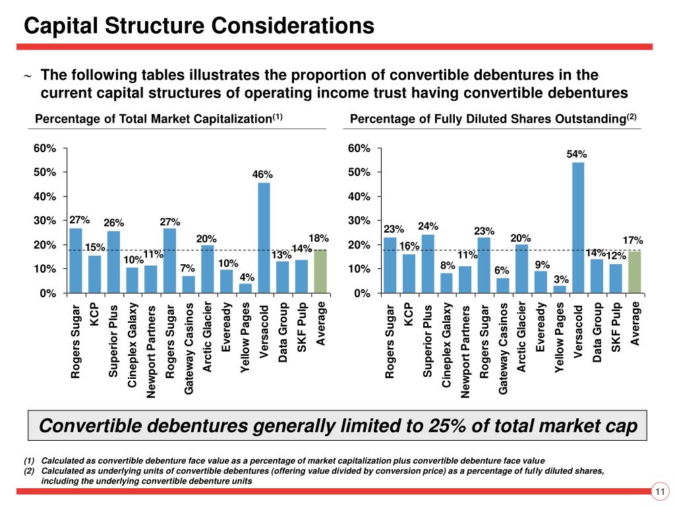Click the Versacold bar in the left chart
tap(264, 238)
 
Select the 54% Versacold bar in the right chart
tap(578, 227)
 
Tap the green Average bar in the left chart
tap(320, 271)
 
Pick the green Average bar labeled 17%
tap(634, 272)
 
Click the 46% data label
tap(262, 175)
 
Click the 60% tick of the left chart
tap(45, 148)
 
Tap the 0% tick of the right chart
tap(361, 293)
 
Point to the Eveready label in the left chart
tap(227, 327)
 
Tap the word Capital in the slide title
tap(60, 26)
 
